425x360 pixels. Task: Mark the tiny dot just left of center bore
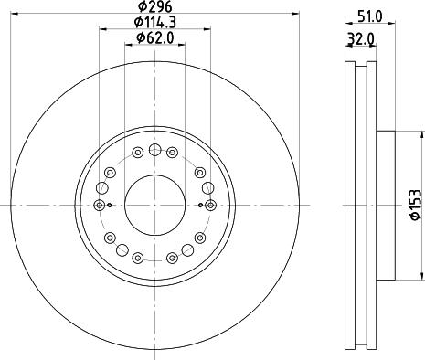tap(110, 205)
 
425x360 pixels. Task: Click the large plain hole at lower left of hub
tap(110, 238)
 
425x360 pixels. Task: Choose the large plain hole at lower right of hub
tap(198, 238)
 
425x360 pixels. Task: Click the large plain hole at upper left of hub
tap(110, 170)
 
